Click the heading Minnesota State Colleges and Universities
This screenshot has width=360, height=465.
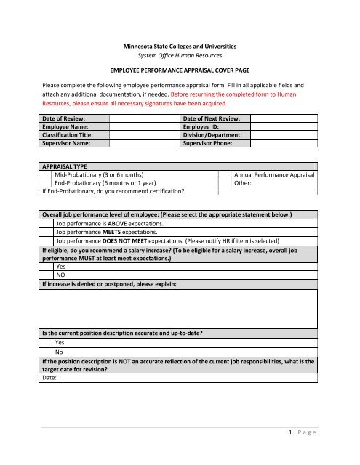pos(179,46)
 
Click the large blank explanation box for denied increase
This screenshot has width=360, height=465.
pos(179,308)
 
